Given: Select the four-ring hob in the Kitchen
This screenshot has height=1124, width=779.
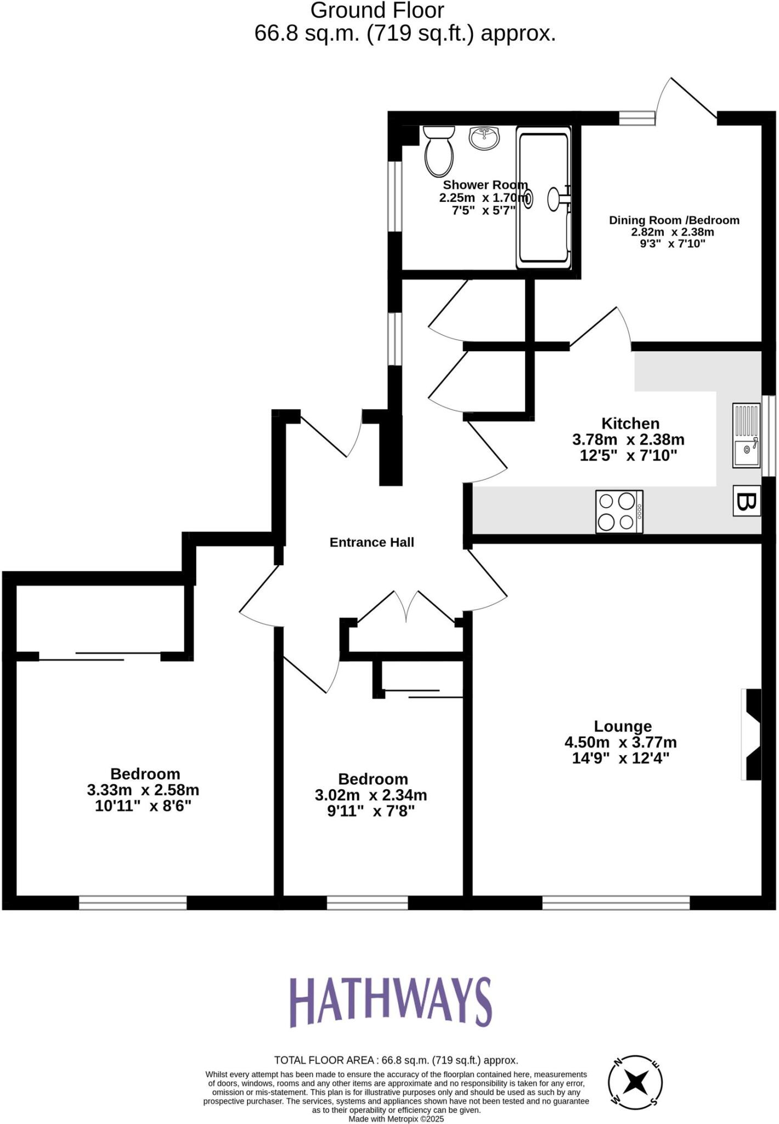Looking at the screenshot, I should [x=619, y=511].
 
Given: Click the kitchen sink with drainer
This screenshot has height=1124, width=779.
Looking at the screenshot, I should [x=746, y=435].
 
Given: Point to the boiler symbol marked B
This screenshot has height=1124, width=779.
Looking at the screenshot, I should [x=747, y=501].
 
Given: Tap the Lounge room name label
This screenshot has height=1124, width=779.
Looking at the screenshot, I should [x=623, y=726].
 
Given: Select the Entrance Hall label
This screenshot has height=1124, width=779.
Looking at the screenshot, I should [x=371, y=542].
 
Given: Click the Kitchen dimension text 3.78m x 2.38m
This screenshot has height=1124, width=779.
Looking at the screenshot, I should [x=628, y=440].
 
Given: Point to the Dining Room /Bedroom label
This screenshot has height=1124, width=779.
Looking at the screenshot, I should [x=674, y=220].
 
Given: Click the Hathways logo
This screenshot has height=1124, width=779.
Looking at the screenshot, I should [x=390, y=1002].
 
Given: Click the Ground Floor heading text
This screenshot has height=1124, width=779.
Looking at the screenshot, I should [x=377, y=10].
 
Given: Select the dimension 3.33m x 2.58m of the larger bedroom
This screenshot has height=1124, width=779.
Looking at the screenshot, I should [x=143, y=790].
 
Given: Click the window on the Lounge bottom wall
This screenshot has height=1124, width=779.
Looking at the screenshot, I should [x=616, y=902].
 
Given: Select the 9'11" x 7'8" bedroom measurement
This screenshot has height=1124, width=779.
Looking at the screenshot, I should [x=371, y=811].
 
